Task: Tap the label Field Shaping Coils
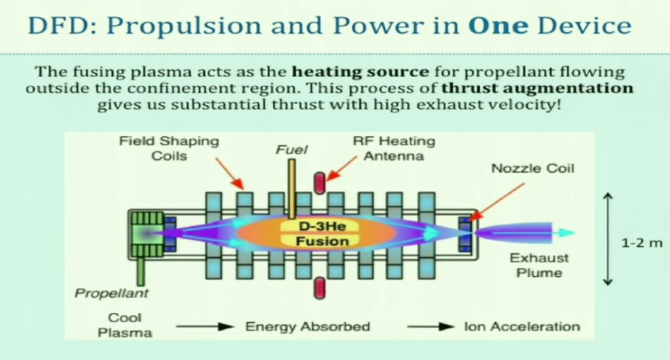[x=169, y=149]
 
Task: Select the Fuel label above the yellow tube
[x=291, y=150]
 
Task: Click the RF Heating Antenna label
[x=393, y=149]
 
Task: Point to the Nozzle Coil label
[x=533, y=169]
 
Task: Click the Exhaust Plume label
[x=539, y=265]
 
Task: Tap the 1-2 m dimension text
[x=641, y=243]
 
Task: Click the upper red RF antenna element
[x=320, y=183]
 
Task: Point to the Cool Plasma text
[x=125, y=325]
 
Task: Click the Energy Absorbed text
[x=308, y=326]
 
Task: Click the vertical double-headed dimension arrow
[x=608, y=238]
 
